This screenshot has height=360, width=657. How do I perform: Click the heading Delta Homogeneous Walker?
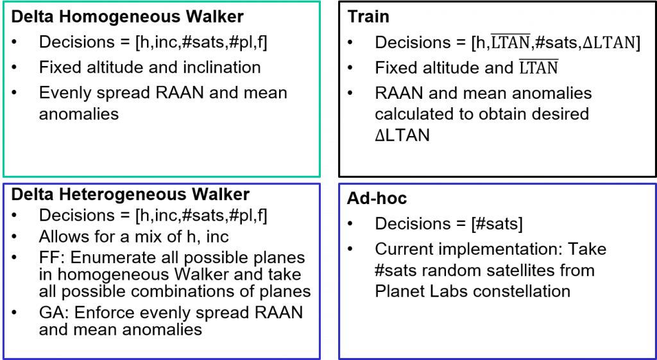(x=126, y=16)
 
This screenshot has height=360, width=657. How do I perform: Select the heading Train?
(x=368, y=17)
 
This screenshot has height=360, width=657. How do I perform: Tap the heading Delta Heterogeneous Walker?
(x=130, y=194)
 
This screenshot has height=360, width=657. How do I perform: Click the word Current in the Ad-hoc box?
(x=401, y=249)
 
